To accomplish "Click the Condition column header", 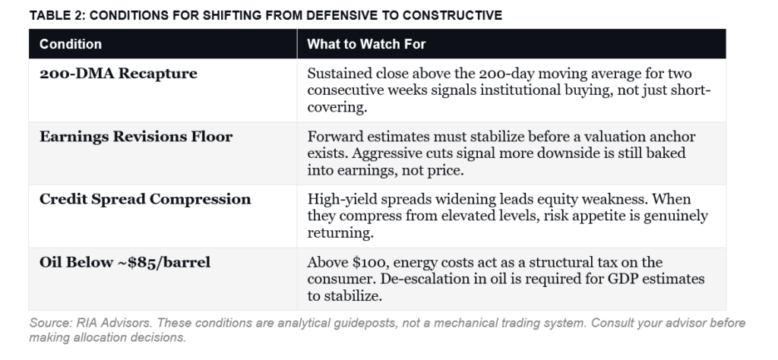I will pyautogui.click(x=71, y=44).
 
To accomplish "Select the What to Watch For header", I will pyautogui.click(x=366, y=44).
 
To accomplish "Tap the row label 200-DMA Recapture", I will pyautogui.click(x=118, y=74).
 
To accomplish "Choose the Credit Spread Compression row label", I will pyautogui.click(x=145, y=200).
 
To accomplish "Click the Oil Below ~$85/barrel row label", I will pyautogui.click(x=125, y=263).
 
